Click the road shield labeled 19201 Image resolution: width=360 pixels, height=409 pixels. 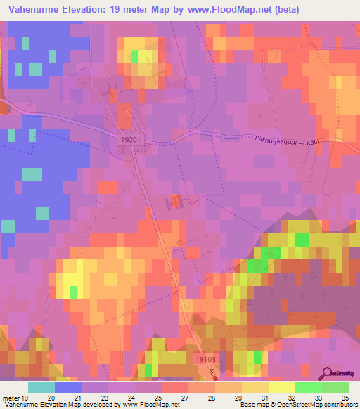(x=131, y=141)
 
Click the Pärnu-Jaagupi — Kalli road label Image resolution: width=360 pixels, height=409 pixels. (x=280, y=139)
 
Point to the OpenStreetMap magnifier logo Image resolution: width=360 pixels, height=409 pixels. (x=328, y=374)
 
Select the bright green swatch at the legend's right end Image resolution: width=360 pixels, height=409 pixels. (x=335, y=387)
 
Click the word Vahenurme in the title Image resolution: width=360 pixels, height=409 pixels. (x=35, y=10)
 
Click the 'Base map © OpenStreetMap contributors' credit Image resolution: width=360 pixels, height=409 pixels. (x=297, y=405)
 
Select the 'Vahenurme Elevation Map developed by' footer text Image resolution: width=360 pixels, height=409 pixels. (x=60, y=405)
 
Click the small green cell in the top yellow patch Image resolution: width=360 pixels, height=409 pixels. (x=134, y=57)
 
